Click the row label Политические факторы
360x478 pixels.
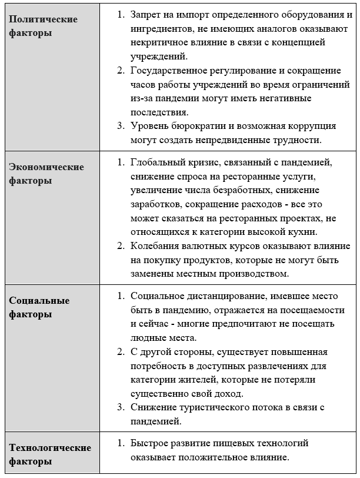tap(43, 26)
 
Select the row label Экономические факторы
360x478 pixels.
tap(46, 174)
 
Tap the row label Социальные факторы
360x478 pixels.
tap(39, 307)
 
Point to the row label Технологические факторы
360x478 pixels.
tap(50, 454)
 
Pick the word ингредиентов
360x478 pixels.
tap(159, 28)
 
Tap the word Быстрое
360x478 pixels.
tap(148, 443)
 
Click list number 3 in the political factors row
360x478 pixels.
tap(119, 126)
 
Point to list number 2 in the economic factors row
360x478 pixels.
tap(119, 245)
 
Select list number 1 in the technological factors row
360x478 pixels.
tap(119, 443)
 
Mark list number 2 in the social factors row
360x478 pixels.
tap(119, 351)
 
